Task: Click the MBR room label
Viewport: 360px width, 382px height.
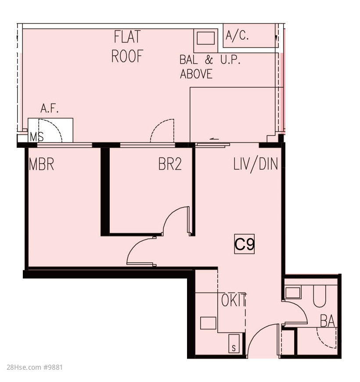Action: pos(41,164)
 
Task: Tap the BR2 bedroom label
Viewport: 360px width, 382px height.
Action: pos(170,164)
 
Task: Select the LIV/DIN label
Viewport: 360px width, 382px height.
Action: pos(256,164)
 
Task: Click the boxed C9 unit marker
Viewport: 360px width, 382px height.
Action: pos(244,244)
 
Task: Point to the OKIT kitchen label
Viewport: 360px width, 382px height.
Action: pos(234,300)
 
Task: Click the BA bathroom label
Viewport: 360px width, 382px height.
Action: pos(328,321)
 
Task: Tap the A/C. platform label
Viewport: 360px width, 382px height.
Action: pos(237,36)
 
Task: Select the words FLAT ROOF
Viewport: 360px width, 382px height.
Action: pos(127,46)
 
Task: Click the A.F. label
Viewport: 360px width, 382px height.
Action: pos(50,109)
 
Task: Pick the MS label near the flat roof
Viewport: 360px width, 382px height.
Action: pos(36,137)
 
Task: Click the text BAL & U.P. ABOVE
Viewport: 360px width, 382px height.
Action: pos(210,67)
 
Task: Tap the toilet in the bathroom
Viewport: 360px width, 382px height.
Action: pos(320,296)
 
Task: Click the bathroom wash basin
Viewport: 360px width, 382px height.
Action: pos(293,293)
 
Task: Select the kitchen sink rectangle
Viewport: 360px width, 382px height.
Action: pos(208,323)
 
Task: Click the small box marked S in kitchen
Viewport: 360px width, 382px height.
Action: pos(234,343)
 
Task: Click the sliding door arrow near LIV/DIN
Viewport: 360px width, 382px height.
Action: pos(214,139)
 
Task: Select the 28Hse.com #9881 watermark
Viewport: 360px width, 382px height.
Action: pos(35,368)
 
